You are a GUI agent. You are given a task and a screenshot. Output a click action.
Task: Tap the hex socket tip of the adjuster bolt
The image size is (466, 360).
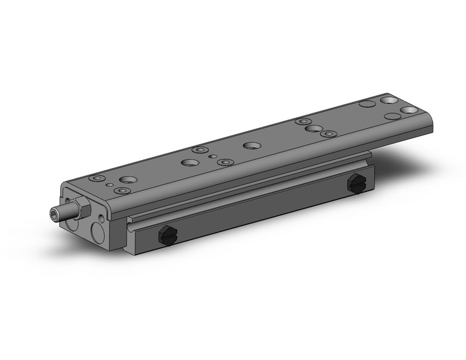[53, 213]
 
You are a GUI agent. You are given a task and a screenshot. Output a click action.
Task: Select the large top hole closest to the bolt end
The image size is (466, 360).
[129, 180]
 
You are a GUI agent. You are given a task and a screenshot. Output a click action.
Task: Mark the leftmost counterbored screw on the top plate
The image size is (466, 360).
[95, 178]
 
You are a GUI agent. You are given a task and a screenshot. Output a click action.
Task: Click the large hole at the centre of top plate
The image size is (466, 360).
[250, 146]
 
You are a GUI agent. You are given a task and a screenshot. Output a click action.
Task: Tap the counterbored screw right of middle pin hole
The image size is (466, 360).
[226, 162]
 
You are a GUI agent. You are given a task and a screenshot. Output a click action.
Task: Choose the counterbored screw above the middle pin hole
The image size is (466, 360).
[198, 150]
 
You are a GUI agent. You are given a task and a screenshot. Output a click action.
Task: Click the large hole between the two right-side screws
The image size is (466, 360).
[313, 129]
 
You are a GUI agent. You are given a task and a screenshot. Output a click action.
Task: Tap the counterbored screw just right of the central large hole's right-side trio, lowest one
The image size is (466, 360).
[330, 133]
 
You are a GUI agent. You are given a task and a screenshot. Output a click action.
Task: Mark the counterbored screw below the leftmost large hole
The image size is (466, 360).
[122, 191]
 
